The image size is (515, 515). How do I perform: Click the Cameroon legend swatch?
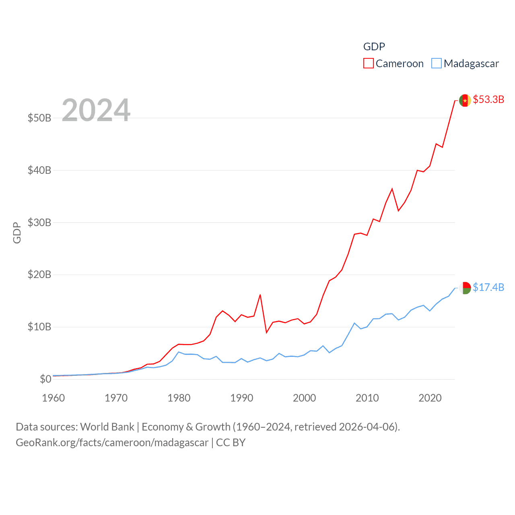pos(368,64)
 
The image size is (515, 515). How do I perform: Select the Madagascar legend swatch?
pos(436,64)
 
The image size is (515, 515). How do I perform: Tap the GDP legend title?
pos(374,47)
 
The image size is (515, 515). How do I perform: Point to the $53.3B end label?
pos(488,99)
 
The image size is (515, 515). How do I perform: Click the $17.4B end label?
pos(488,287)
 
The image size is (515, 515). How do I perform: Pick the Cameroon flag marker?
pos(465,101)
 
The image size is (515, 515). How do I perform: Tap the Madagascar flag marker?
pos(465,288)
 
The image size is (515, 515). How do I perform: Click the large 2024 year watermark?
pos(96,110)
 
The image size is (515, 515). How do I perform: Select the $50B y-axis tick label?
pos(39,118)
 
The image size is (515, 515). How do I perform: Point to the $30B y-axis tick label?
pos(39,222)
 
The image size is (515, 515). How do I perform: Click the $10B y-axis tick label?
pos(39,327)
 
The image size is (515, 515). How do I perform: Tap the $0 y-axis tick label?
pos(45,379)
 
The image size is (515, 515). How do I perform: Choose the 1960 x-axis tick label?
pos(54,398)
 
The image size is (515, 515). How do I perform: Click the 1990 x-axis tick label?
pos(242,398)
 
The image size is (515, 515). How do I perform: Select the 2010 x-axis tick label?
pos(367,398)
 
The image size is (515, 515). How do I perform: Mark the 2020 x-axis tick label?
pos(430,398)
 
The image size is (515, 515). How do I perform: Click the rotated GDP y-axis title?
pos(17,233)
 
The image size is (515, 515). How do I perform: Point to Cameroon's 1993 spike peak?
pos(260,295)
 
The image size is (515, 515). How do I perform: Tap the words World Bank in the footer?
pos(107,426)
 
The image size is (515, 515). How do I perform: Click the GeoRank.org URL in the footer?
pos(112,443)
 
